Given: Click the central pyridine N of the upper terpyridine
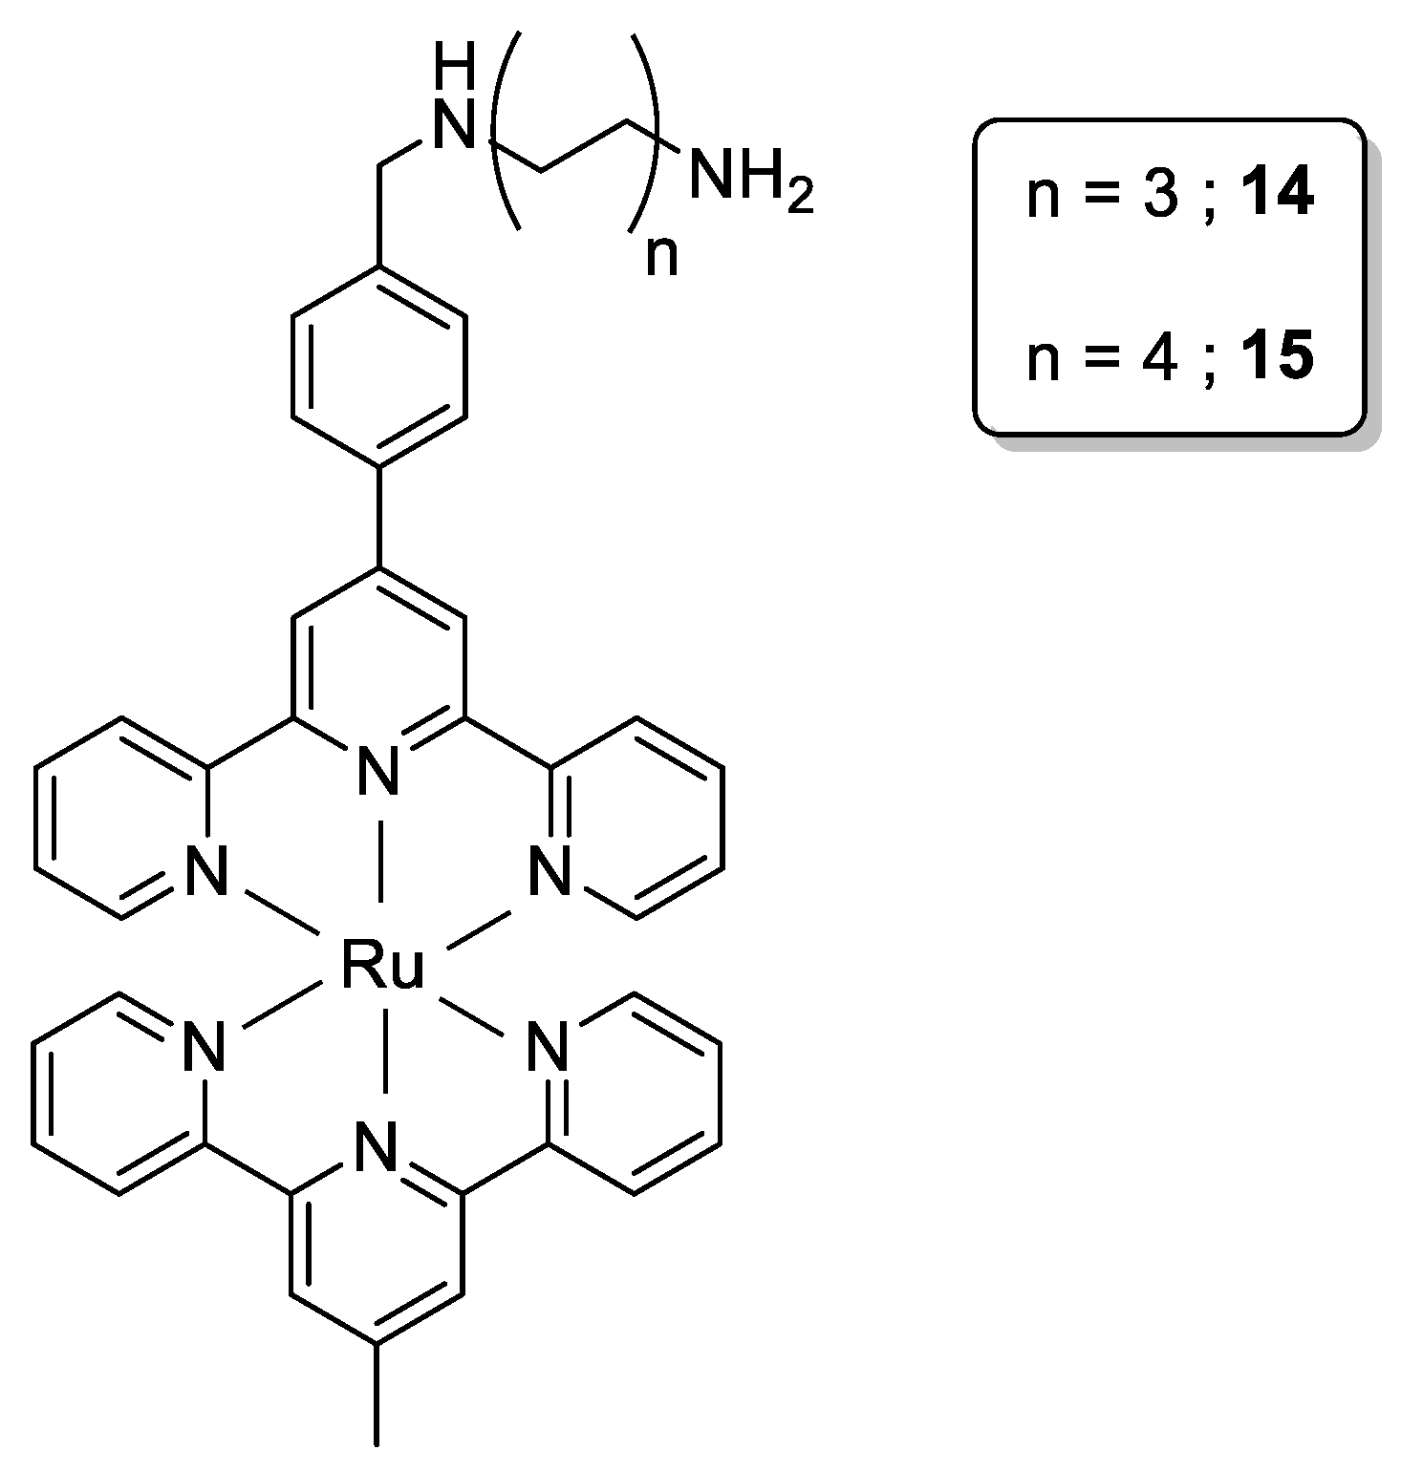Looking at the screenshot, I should pyautogui.click(x=379, y=770).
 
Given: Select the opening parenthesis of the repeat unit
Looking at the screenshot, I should pyautogui.click(x=503, y=130).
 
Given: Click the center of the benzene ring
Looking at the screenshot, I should pyautogui.click(x=379, y=366).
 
